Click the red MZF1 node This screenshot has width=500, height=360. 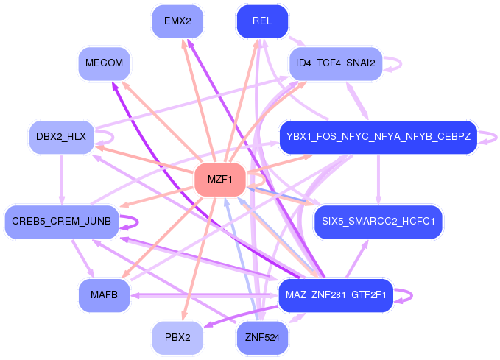point(219,180)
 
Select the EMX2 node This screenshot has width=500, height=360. point(177,21)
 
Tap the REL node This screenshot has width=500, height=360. point(262,21)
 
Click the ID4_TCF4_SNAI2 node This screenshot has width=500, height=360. point(335,63)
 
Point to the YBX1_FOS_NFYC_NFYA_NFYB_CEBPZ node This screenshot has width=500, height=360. point(378,137)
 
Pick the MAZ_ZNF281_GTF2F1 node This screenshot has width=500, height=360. point(335,295)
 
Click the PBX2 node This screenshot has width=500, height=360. point(177,338)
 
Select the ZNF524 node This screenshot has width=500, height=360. point(262,338)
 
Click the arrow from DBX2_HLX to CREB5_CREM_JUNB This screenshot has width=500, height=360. point(62,180)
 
